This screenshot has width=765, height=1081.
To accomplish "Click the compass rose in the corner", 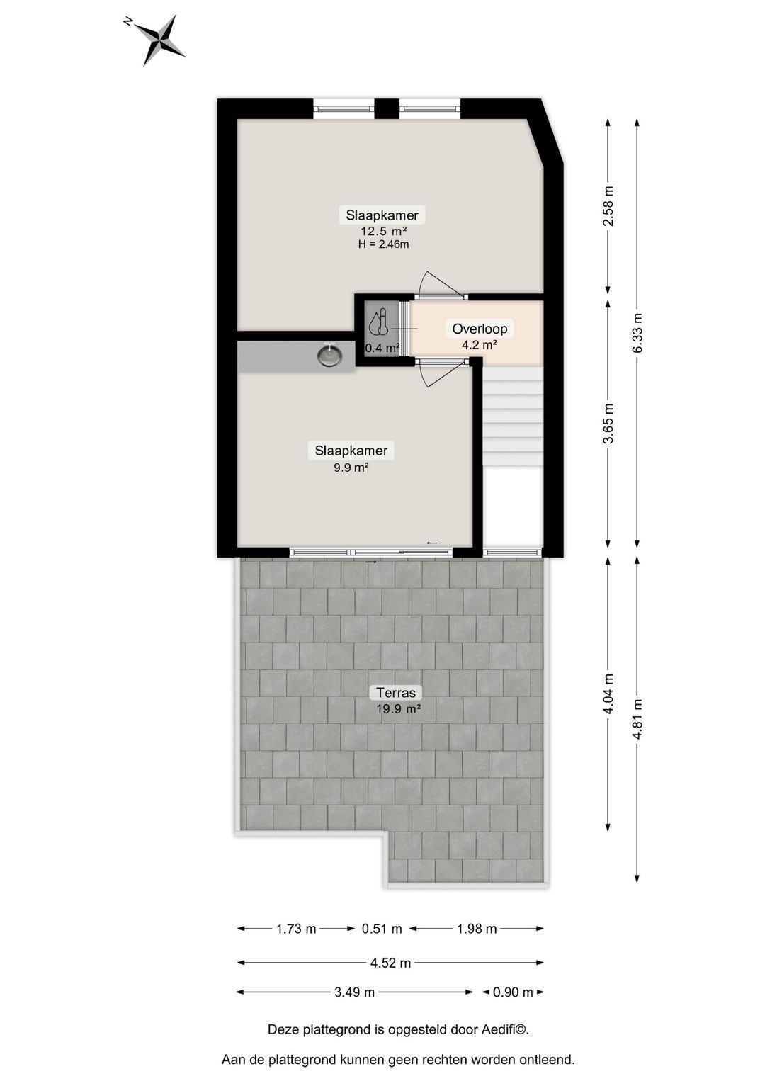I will pyautogui.click(x=161, y=40).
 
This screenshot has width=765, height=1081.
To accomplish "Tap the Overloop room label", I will pyautogui.click(x=480, y=329).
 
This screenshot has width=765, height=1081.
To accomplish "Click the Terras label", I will pyautogui.click(x=395, y=693).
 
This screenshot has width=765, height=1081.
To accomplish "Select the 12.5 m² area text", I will pyautogui.click(x=383, y=231).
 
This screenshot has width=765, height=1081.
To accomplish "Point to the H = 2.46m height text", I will pyautogui.click(x=383, y=244).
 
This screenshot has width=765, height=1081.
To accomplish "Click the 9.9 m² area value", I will pyautogui.click(x=351, y=467).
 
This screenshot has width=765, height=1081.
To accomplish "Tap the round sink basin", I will pyautogui.click(x=329, y=354).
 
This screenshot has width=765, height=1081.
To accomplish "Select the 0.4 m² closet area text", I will pyautogui.click(x=382, y=348).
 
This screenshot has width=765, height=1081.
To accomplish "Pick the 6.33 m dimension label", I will pyautogui.click(x=637, y=333).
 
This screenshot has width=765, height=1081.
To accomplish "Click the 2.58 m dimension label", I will pyautogui.click(x=608, y=206).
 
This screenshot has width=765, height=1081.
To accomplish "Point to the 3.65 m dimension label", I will pyautogui.click(x=608, y=424).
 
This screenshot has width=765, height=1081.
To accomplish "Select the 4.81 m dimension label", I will pyautogui.click(x=637, y=719).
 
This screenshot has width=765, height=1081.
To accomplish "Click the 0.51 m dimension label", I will pyautogui.click(x=382, y=929).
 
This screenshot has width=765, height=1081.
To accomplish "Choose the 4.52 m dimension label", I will pyautogui.click(x=390, y=963).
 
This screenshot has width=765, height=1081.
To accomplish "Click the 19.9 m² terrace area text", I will pyautogui.click(x=399, y=708).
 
